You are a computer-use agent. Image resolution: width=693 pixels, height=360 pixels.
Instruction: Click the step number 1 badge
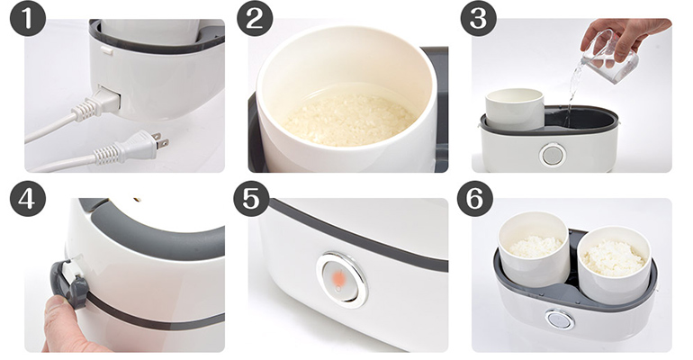(x=28, y=18)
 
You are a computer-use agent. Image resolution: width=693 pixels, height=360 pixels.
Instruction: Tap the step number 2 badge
(x=255, y=18)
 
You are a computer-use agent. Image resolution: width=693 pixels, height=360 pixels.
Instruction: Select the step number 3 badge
(x=478, y=18)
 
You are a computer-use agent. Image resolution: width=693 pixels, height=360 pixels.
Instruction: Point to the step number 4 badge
(x=28, y=198)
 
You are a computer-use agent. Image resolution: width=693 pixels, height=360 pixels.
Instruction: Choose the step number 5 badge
(x=251, y=198)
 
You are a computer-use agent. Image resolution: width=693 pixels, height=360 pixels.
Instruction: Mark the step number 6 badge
(x=474, y=198)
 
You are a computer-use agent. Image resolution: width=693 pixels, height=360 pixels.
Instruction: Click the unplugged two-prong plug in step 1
(x=130, y=148)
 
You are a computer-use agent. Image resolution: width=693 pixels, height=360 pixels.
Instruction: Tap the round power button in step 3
(x=553, y=155)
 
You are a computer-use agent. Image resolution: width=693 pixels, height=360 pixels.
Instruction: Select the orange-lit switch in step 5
(x=342, y=280)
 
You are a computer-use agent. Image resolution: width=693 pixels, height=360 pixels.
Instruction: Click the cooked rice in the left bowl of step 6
(x=535, y=247)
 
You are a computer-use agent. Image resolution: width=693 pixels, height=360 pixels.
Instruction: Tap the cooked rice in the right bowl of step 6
(x=613, y=258)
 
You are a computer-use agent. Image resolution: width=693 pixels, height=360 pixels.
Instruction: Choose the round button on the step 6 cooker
(x=560, y=319)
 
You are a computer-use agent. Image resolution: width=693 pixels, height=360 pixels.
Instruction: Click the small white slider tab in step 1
(x=106, y=50)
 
